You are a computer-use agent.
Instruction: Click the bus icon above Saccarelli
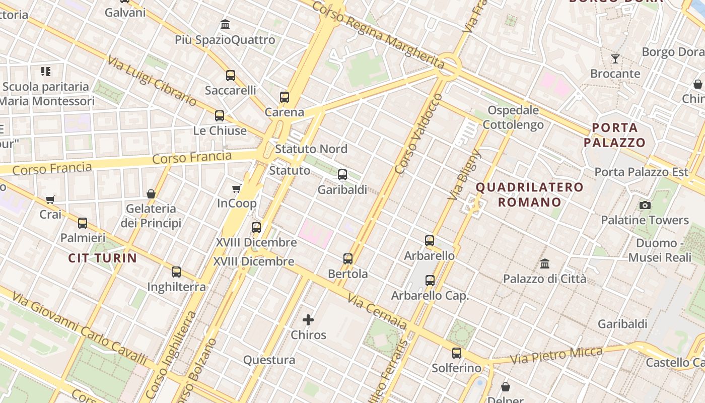(231, 76)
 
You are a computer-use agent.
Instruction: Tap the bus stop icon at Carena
(285, 97)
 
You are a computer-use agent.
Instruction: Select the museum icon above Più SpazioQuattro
(225, 24)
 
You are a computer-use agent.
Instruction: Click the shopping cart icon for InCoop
(237, 188)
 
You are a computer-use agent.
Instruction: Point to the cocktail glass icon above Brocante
(615, 59)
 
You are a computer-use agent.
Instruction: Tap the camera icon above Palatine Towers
(645, 205)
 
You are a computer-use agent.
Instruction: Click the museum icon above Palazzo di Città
(544, 263)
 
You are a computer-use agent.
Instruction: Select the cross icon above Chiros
(308, 319)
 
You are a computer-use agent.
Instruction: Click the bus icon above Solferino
(457, 353)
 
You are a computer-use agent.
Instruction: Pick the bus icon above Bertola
(348, 259)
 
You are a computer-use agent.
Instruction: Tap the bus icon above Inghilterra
(176, 272)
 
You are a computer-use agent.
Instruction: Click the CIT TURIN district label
(103, 258)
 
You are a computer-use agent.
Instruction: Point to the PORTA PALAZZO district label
(614, 135)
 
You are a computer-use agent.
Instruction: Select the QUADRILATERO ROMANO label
(530, 194)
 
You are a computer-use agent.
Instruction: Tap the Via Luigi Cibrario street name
(152, 81)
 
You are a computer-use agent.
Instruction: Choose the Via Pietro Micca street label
(556, 355)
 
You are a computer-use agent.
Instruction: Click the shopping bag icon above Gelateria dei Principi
(151, 194)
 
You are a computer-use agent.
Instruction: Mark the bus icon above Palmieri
(83, 223)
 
